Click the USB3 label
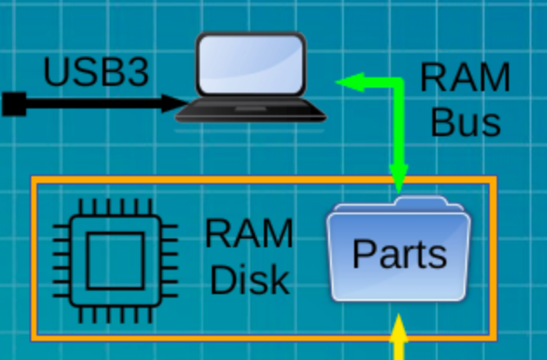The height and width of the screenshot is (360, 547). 96,73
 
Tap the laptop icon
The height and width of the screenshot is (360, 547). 251,78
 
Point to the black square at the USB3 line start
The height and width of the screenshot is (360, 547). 13,104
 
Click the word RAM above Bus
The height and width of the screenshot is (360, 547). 465,78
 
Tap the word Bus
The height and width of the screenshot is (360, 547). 465,122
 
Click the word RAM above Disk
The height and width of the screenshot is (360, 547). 249,234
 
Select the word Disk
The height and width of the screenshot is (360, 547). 249,279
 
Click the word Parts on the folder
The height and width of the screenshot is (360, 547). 399,255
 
